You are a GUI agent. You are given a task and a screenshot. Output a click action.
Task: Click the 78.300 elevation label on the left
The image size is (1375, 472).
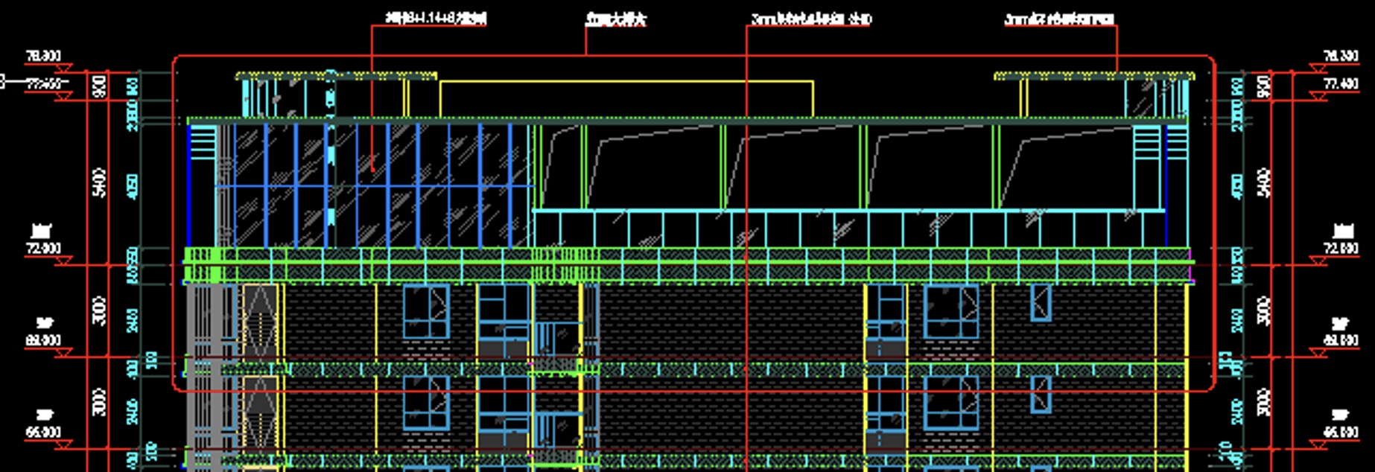43,57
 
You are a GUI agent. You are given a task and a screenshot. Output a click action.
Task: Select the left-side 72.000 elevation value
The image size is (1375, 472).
43,249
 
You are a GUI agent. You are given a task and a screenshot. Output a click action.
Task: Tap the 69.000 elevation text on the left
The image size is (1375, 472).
43,340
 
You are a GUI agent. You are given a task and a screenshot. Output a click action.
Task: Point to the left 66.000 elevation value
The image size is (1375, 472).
43,433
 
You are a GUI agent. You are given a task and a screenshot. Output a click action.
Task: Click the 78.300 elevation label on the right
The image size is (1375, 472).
1340,57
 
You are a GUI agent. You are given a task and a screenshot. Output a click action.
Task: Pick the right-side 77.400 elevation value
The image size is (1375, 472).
1340,84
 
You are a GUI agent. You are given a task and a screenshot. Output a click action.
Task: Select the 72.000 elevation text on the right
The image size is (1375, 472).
1340,249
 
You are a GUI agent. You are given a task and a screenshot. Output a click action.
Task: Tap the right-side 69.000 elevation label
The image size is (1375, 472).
1340,340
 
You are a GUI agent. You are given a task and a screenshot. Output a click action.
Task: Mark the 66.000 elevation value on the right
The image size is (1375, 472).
1340,433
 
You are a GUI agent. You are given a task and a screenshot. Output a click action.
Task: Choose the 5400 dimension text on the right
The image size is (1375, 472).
1263,182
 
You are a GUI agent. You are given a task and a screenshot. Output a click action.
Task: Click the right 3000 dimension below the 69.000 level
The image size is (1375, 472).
1263,403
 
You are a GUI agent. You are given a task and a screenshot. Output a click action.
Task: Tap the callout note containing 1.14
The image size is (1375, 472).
436,19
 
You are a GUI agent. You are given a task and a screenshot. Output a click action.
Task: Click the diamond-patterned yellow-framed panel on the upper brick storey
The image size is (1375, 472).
260,319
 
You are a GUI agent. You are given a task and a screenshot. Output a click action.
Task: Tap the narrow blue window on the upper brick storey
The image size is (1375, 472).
1041,303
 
